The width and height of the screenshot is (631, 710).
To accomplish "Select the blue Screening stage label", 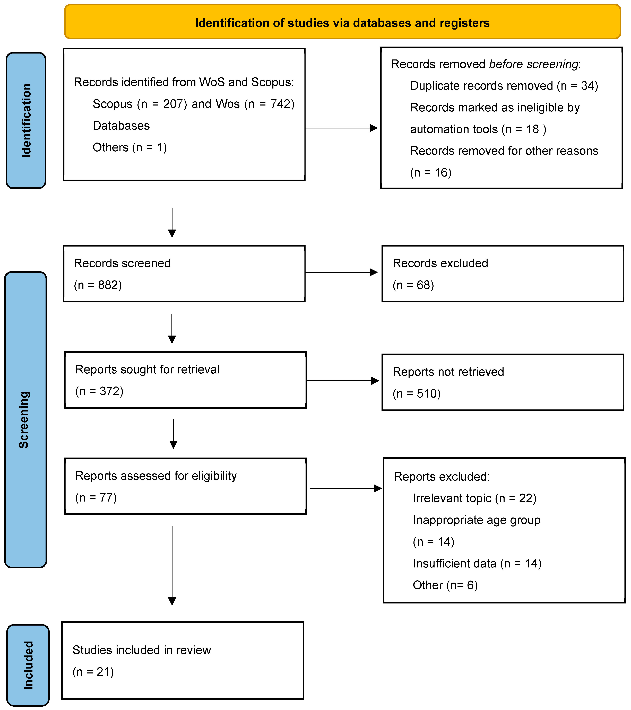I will (25, 420).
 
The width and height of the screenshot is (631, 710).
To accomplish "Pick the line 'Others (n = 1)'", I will (130, 147).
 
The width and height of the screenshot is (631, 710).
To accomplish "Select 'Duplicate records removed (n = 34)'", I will (504, 86).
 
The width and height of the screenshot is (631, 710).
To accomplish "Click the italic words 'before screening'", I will (533, 64).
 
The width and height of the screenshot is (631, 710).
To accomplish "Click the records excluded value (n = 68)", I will (413, 285).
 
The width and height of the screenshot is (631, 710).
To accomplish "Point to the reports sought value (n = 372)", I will (99, 391).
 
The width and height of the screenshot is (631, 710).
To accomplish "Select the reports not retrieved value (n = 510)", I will (417, 393).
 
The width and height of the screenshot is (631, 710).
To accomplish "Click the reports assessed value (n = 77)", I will (96, 497).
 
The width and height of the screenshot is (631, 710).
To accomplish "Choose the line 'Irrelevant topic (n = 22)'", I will (474, 498).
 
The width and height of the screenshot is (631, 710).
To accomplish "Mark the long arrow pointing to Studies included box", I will (172, 566).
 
